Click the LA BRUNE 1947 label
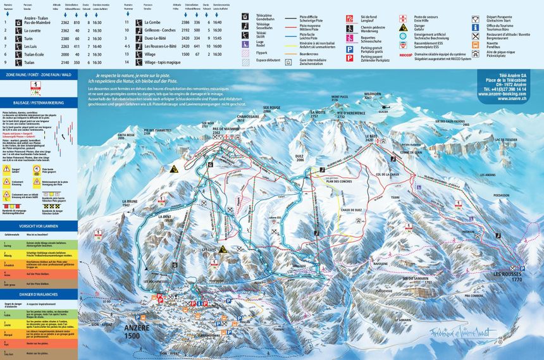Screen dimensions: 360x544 click(129, 204)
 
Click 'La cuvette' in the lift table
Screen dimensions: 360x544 click(33, 30)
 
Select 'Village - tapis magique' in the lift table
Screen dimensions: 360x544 click(161, 63)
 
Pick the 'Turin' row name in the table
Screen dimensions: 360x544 click(28, 39)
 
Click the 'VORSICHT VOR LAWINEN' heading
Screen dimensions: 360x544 click(39, 225)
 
